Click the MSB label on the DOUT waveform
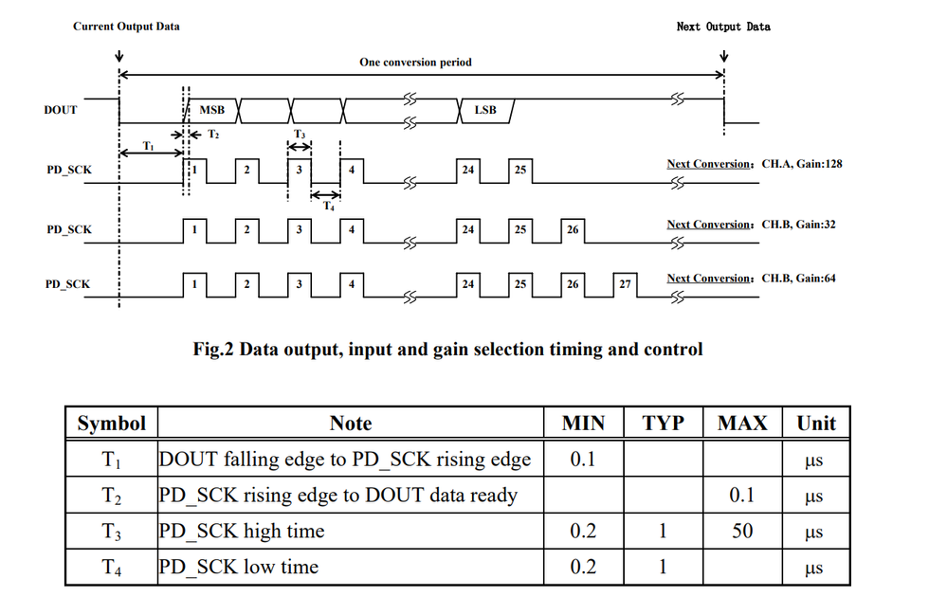pyautogui.click(x=211, y=110)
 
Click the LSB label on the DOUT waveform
pyautogui.click(x=484, y=110)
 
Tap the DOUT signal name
pyautogui.click(x=61, y=110)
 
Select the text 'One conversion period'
pyautogui.click(x=415, y=63)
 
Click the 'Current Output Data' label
pyautogui.click(x=126, y=27)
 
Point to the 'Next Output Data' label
pyautogui.click(x=723, y=27)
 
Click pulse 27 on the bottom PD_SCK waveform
pyautogui.click(x=625, y=283)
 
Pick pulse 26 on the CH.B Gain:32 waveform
pyautogui.click(x=572, y=230)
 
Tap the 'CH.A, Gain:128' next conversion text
pyautogui.click(x=802, y=164)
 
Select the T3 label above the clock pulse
pyautogui.click(x=300, y=135)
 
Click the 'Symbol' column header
pyautogui.click(x=112, y=424)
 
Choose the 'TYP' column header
pyautogui.click(x=663, y=424)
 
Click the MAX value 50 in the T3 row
pyautogui.click(x=742, y=532)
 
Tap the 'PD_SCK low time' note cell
pyautogui.click(x=239, y=568)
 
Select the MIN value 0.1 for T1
pyautogui.click(x=583, y=460)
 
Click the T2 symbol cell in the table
pyautogui.click(x=112, y=496)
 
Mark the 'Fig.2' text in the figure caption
pyautogui.click(x=215, y=350)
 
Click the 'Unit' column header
pyautogui.click(x=816, y=424)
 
